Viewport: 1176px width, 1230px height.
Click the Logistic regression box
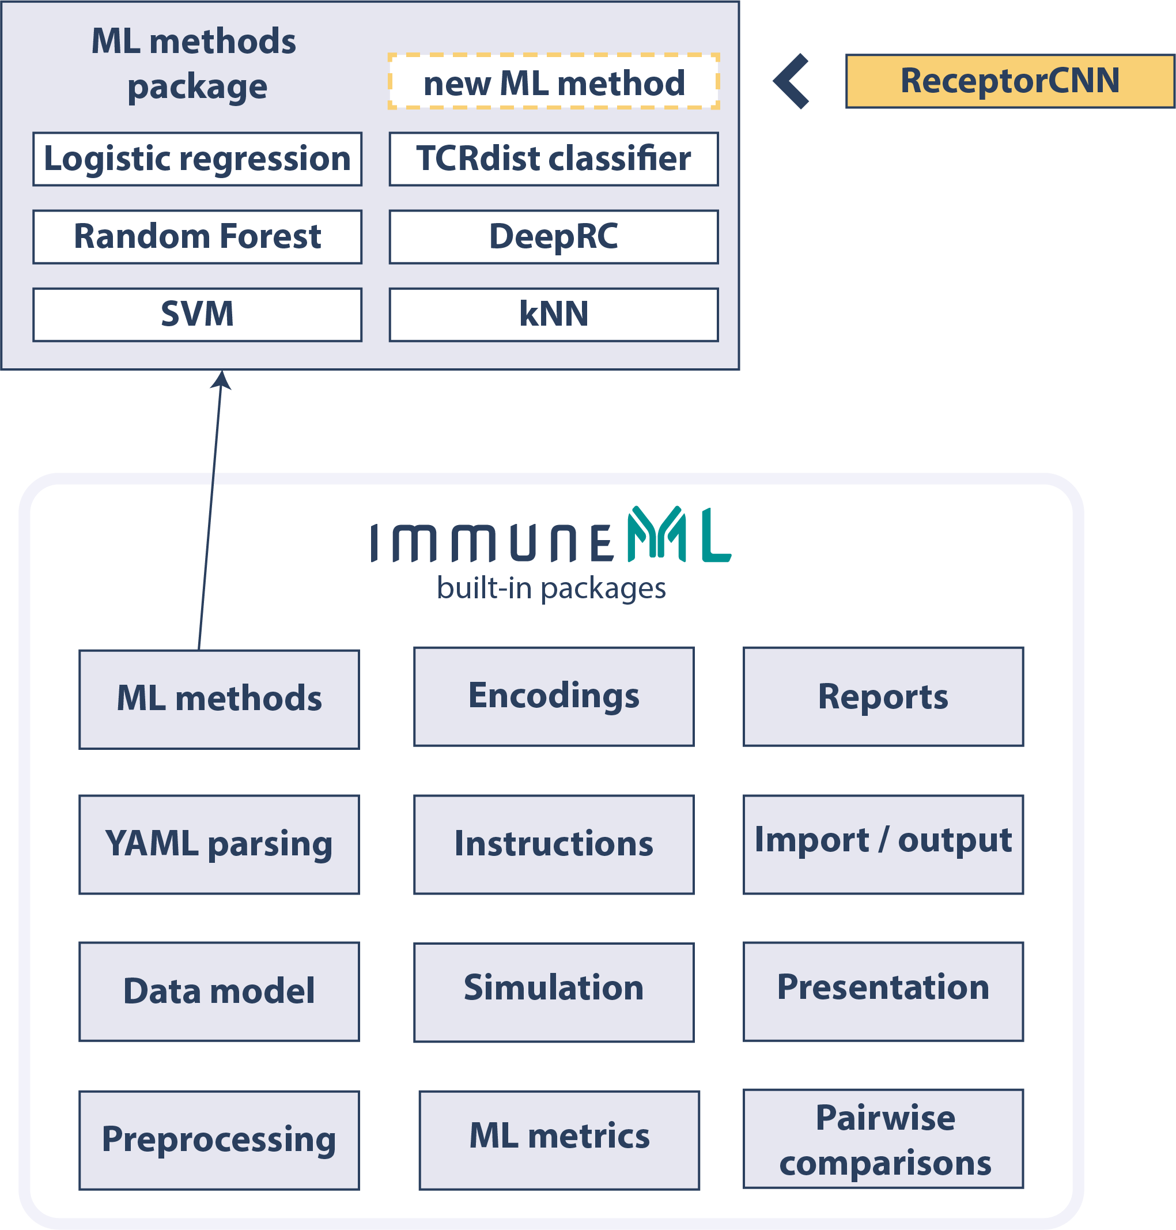197,159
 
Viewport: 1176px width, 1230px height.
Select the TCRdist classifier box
554,159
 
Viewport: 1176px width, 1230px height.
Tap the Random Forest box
197,237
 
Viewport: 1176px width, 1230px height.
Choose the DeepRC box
554,237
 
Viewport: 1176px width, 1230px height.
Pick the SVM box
197,315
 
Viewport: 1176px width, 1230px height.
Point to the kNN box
554,315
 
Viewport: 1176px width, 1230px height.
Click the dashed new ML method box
554,82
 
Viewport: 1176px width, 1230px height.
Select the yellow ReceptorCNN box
1009,81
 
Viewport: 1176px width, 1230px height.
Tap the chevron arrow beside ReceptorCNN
791,81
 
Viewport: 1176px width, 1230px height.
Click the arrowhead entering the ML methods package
221,379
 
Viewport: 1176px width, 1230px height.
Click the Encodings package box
554,696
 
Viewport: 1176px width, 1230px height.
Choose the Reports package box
883,696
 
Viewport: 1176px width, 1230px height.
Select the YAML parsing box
219,844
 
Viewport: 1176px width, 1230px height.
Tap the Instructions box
554,844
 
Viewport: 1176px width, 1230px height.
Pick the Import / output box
883,844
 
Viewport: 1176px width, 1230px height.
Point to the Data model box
219,991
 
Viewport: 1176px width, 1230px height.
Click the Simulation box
554,993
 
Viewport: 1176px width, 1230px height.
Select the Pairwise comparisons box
883,1138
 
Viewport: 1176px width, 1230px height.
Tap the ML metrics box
559,1140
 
